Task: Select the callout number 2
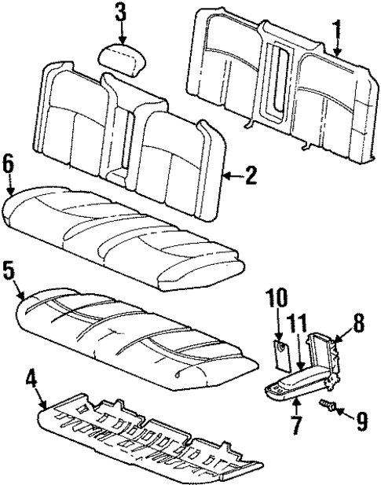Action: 250,176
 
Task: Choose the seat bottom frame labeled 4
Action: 141,440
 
